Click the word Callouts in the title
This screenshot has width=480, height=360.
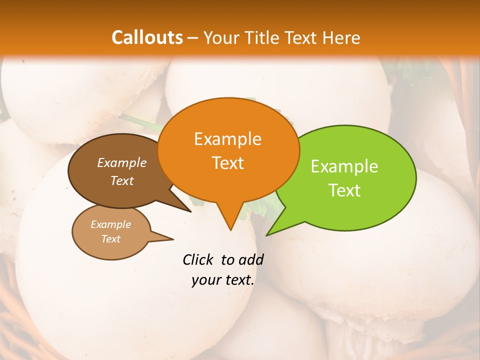[x=147, y=37]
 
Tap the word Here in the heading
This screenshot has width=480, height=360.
[x=341, y=37]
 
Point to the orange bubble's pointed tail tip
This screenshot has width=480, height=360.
[x=230, y=230]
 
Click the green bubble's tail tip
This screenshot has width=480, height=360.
[x=267, y=234]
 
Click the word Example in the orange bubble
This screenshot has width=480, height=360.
[x=227, y=138]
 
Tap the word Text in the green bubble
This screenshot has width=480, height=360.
[x=345, y=190]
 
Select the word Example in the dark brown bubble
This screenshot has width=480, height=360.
[x=122, y=162]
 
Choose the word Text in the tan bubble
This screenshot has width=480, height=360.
[x=111, y=239]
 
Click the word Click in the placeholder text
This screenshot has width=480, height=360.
[x=198, y=259]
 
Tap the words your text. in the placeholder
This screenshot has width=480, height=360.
[x=223, y=280]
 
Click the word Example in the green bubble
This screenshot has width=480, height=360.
[x=344, y=166]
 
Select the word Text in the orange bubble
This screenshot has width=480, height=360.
[x=228, y=163]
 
